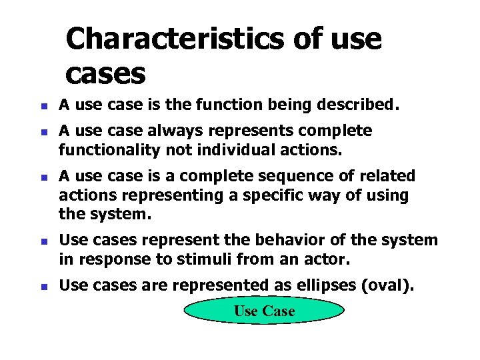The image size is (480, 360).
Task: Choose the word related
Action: (387, 177)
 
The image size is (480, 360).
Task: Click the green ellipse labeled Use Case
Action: (264, 311)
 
